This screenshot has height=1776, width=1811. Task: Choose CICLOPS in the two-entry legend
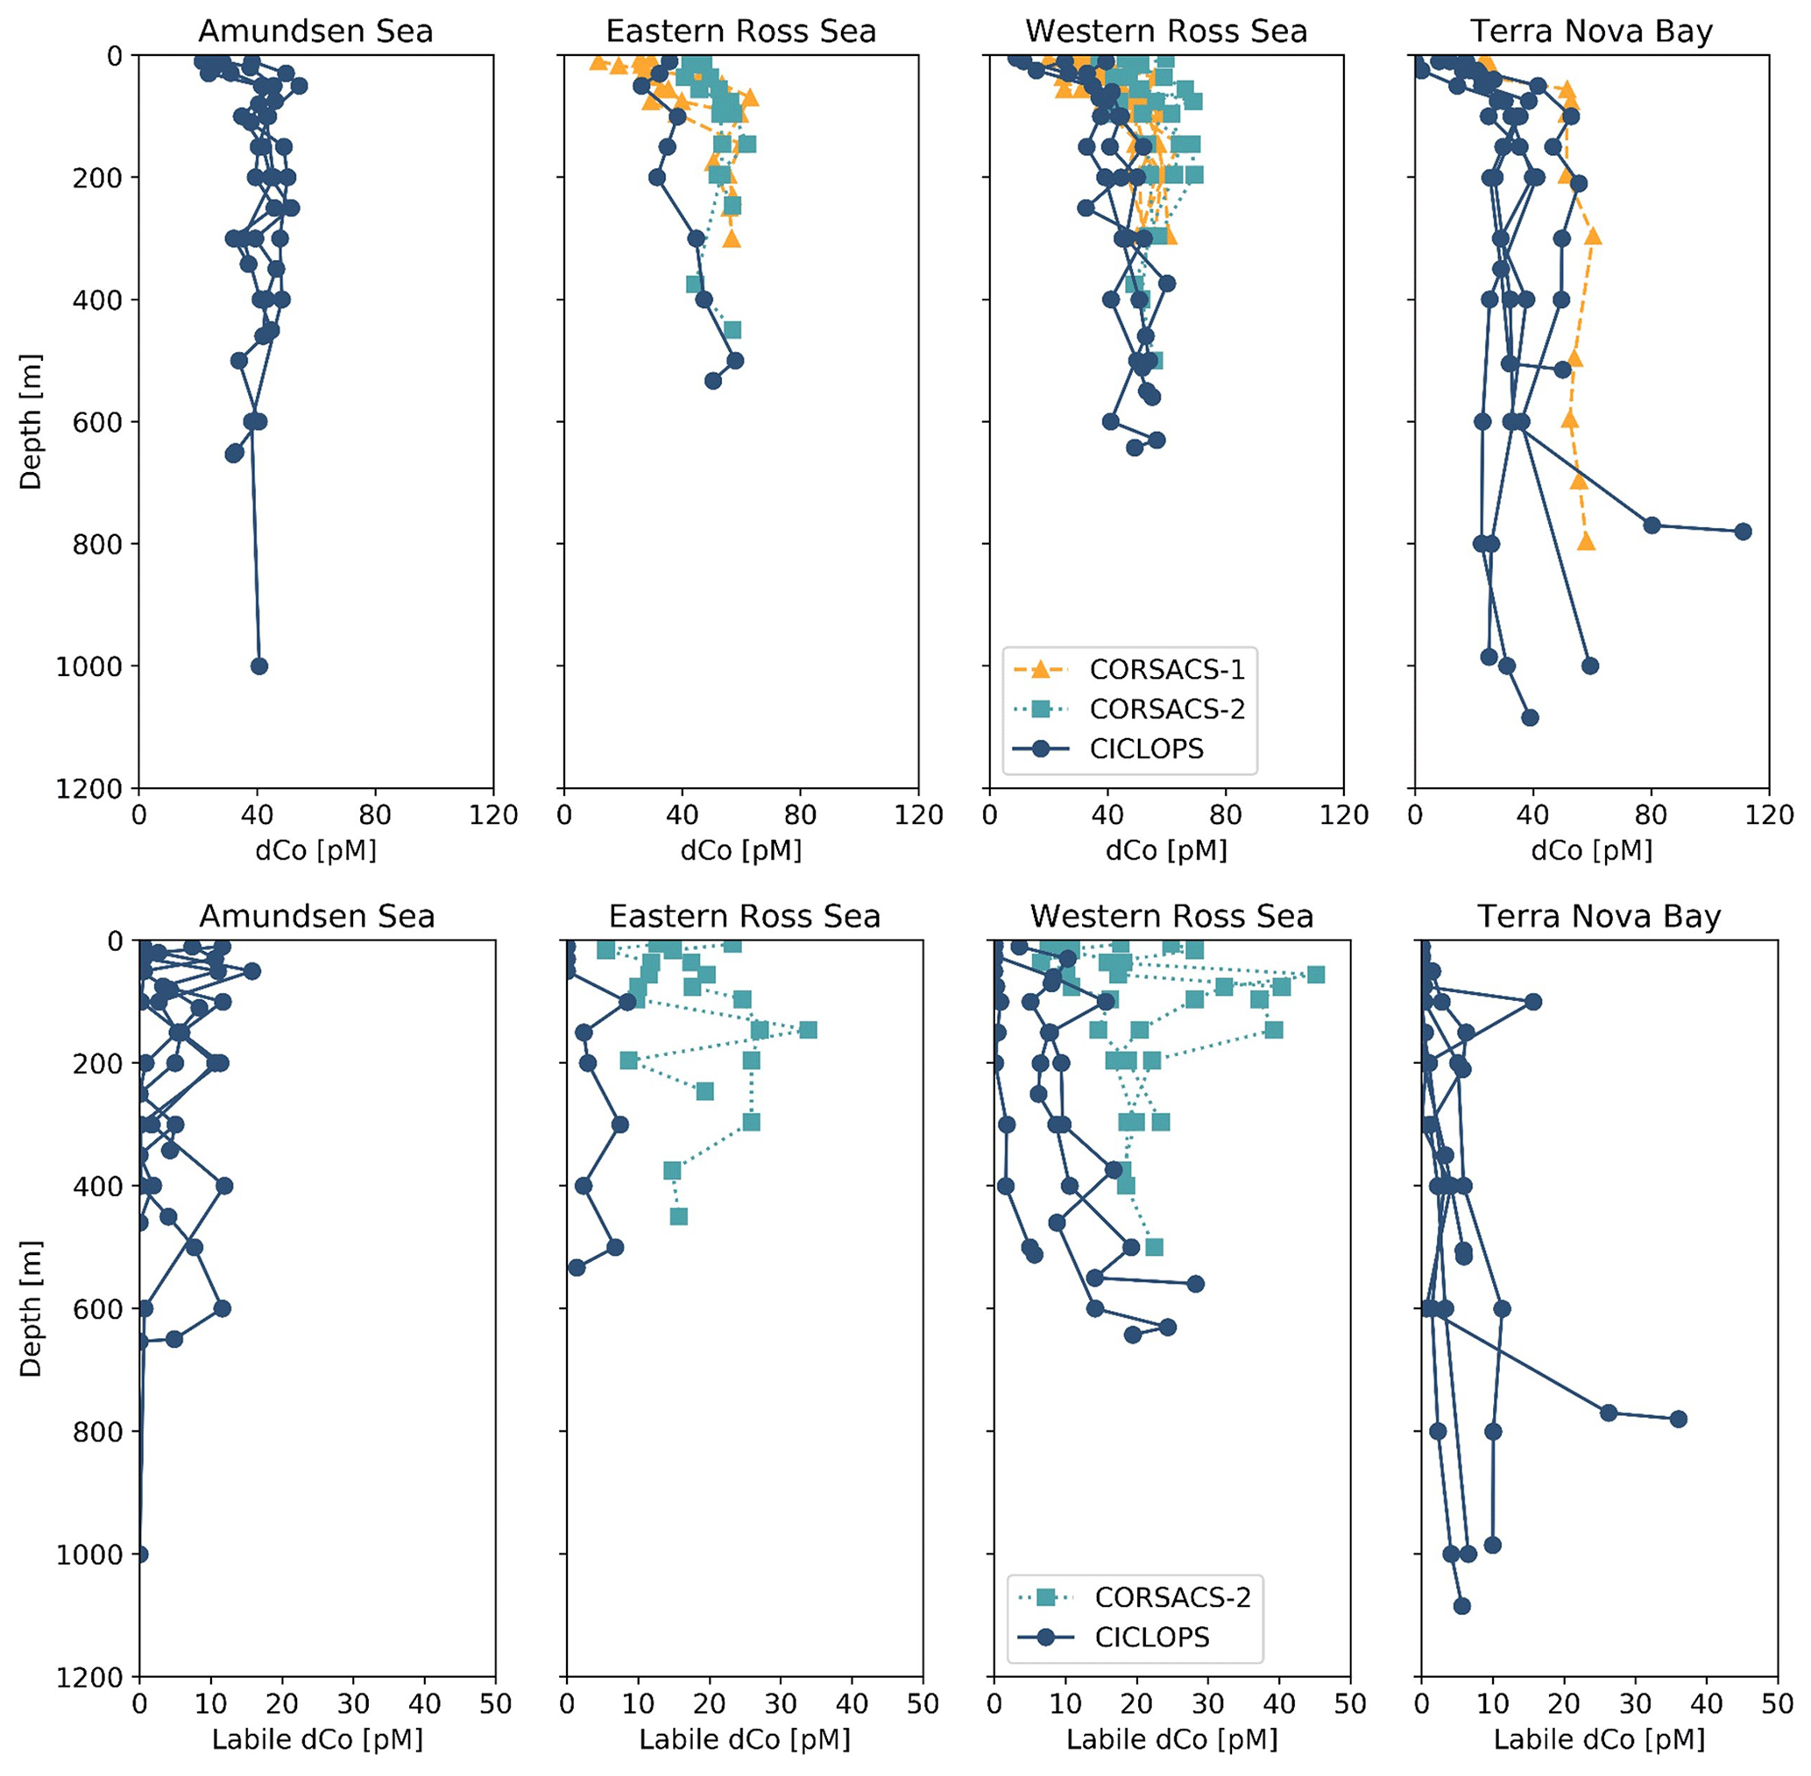pyautogui.click(x=1151, y=1637)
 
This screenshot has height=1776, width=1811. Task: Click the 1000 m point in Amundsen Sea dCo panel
pyautogui.click(x=259, y=666)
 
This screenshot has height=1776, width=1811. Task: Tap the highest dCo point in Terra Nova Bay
pyautogui.click(x=1742, y=532)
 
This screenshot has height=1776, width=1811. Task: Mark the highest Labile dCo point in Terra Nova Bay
pyautogui.click(x=1679, y=1419)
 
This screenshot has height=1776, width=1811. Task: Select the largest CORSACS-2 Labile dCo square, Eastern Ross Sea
pyautogui.click(x=808, y=1030)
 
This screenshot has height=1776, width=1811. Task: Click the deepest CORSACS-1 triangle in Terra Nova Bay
pyautogui.click(x=1586, y=542)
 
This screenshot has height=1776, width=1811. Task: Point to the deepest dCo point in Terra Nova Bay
pyautogui.click(x=1530, y=717)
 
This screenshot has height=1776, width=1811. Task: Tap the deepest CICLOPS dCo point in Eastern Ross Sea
pyautogui.click(x=713, y=381)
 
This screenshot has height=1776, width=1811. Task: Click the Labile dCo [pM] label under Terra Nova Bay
pyautogui.click(x=1599, y=1739)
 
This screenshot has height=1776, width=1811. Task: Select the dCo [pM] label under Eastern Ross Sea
pyautogui.click(x=741, y=849)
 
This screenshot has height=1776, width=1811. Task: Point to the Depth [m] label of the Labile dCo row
pyautogui.click(x=31, y=1308)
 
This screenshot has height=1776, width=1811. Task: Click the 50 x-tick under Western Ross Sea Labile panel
pyautogui.click(x=1350, y=1704)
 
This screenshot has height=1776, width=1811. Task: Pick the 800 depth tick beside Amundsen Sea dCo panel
pyautogui.click(x=97, y=544)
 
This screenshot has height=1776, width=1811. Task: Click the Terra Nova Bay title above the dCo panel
pyautogui.click(x=1592, y=31)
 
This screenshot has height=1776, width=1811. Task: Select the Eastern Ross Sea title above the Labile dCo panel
pyautogui.click(x=745, y=916)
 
